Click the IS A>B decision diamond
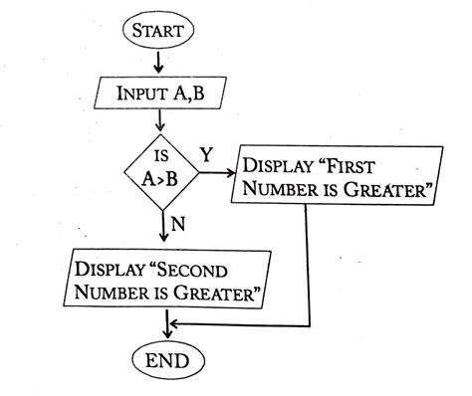160,170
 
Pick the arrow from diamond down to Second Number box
161,228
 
